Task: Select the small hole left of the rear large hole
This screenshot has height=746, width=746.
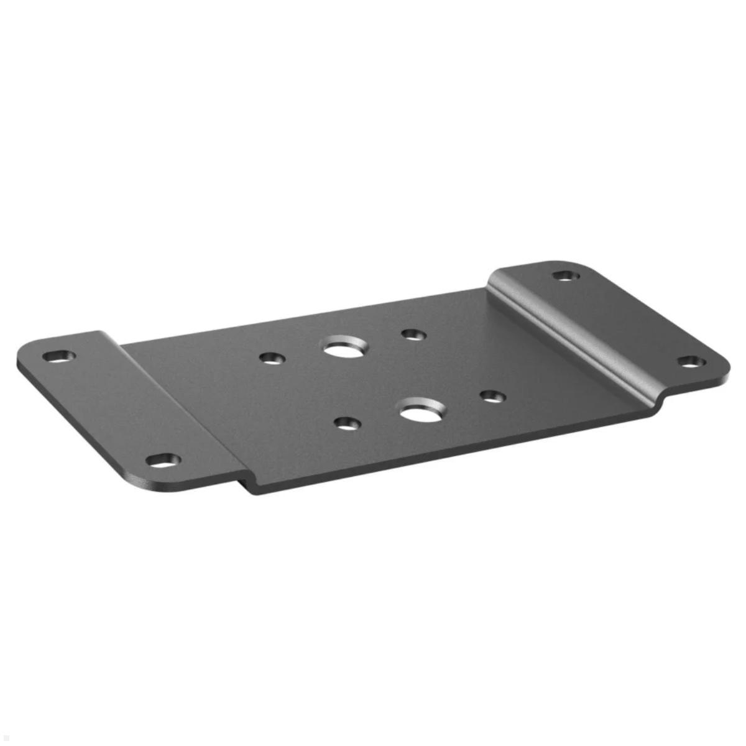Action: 272,358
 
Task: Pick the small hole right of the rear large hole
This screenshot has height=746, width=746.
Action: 413,335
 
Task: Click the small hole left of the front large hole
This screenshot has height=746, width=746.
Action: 347,424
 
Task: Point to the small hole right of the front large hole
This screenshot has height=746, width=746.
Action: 492,396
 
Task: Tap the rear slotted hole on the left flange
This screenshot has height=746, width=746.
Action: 59,356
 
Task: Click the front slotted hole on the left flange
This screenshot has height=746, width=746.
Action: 163,461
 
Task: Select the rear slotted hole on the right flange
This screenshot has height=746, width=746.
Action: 566,275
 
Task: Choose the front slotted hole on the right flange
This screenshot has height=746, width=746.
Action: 691,362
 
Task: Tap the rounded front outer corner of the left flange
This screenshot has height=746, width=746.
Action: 143,482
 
